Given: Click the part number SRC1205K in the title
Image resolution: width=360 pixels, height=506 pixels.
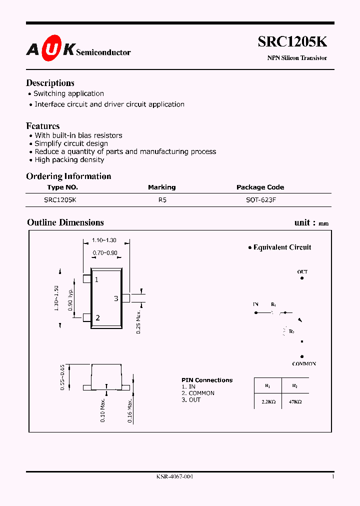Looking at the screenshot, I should [x=292, y=42].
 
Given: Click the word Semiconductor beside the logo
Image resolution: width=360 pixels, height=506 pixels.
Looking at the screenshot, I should [x=103, y=52].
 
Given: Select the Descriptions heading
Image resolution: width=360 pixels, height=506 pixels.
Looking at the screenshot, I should [x=50, y=83].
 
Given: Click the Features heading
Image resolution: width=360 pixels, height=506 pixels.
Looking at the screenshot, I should [x=43, y=126].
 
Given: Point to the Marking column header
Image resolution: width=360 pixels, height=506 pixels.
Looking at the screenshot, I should [x=161, y=187].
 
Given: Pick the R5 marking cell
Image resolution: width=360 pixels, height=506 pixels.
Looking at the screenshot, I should [x=161, y=199].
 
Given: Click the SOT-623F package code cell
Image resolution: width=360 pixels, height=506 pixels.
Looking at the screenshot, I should [x=259, y=199].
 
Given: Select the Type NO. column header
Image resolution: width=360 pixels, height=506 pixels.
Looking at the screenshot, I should [x=62, y=187].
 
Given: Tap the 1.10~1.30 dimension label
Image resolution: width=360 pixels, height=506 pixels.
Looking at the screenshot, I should [x=106, y=240].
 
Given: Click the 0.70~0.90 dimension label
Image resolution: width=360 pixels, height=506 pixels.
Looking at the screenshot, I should [x=105, y=253].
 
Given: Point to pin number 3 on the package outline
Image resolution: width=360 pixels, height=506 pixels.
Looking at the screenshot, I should [x=116, y=298].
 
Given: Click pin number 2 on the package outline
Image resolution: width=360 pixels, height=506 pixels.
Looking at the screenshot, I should [x=97, y=318].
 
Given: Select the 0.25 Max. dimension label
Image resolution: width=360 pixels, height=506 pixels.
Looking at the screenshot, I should [x=138, y=322].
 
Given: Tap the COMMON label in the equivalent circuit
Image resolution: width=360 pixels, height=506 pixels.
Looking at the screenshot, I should [x=304, y=364].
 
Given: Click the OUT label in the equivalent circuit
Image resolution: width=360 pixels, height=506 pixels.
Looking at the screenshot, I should [x=302, y=272].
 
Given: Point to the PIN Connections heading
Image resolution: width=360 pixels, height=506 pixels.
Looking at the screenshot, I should [x=207, y=380].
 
